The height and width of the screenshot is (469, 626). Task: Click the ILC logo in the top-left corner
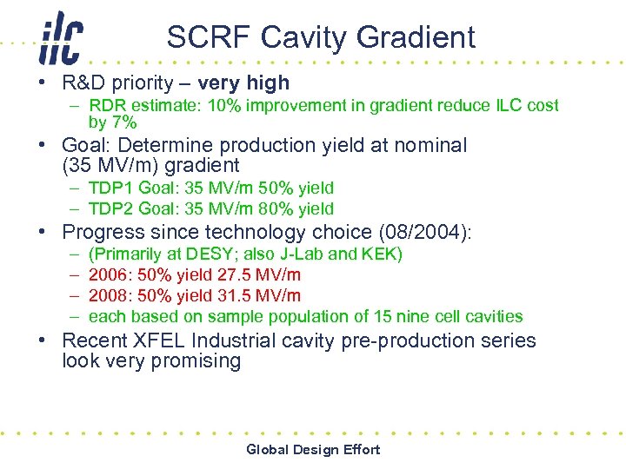click(x=60, y=38)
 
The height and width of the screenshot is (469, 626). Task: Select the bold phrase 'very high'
click(x=243, y=83)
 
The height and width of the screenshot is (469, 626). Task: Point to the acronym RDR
click(x=107, y=106)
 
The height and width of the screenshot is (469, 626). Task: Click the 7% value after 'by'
click(x=123, y=123)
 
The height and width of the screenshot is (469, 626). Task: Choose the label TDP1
click(x=110, y=188)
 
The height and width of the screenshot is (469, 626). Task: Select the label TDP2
click(x=110, y=208)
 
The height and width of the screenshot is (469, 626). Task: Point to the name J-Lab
click(x=304, y=254)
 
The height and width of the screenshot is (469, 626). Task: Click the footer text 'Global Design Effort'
click(x=313, y=449)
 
